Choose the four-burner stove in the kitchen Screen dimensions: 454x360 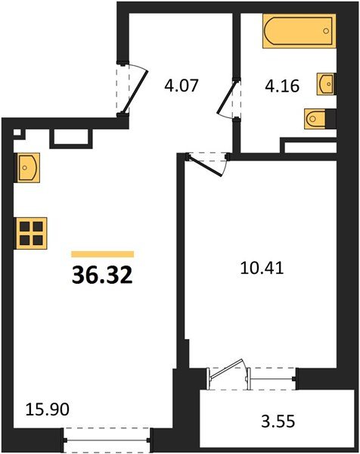[31, 232]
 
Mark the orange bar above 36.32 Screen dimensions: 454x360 [102, 254]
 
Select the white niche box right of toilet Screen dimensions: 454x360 [309, 145]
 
